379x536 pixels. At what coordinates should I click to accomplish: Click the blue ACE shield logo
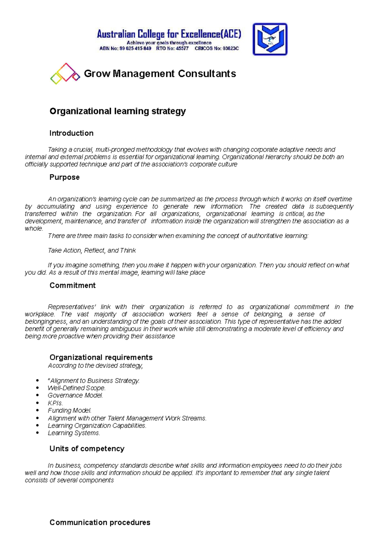270,39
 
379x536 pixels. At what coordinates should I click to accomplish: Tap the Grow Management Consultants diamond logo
65,74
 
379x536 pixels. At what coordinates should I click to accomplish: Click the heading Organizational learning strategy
117,111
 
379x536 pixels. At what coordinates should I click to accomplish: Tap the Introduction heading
71,133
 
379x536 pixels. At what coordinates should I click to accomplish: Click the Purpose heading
64,177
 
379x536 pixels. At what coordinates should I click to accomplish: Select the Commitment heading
72,285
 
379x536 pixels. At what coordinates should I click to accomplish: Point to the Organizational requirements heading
101,357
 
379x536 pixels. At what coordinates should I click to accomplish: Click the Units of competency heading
87,449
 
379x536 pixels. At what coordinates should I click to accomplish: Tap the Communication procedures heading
100,522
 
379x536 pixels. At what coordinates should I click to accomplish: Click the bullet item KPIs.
55,403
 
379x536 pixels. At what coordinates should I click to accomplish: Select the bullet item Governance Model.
75,396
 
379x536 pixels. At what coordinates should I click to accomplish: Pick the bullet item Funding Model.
69,411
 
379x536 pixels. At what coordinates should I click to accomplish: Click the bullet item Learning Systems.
74,433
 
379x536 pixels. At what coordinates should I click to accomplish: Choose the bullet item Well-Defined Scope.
76,388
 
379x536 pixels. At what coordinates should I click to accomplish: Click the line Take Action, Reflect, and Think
92,251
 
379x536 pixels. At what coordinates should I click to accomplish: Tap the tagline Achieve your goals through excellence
169,43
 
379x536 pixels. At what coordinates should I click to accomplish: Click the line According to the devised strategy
95,366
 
